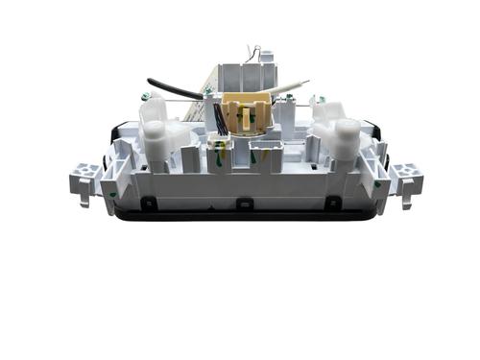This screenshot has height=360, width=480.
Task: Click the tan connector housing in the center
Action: coord(248,112)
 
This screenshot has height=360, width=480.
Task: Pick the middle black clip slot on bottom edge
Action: coord(243,203)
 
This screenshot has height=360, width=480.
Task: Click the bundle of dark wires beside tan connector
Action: coord(220,118)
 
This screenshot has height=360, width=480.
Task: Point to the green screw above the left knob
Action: coord(144,96)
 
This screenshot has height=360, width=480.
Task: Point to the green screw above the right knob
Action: coord(322,98)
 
